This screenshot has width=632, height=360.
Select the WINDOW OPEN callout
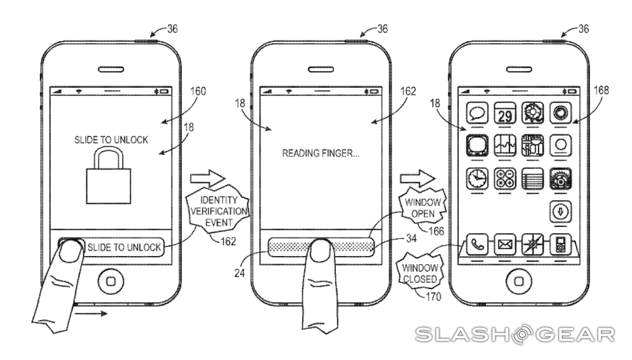421,208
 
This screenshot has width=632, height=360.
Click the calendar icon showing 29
503,112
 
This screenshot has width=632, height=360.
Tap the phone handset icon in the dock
477,244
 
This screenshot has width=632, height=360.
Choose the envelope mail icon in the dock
504,245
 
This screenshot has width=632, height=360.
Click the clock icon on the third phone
477,178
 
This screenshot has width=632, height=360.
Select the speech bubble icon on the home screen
476,112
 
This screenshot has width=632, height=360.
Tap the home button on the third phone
517,278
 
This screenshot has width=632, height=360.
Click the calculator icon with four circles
503,178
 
